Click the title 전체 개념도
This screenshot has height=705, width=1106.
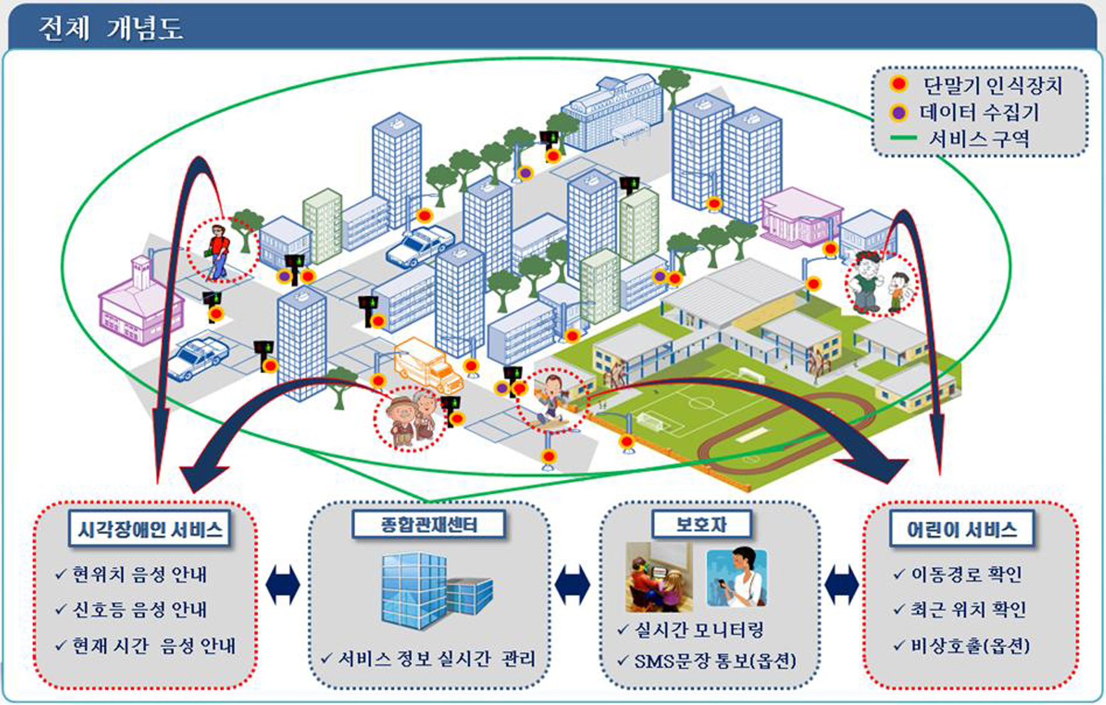coord(110,28)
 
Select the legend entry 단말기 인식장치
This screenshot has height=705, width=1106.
coord(992,85)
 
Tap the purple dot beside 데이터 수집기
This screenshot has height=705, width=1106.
coord(898,113)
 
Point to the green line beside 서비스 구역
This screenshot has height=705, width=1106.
coord(903,139)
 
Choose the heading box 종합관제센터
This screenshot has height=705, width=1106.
coord(429,525)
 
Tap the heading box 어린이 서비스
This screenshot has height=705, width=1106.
coord(961,530)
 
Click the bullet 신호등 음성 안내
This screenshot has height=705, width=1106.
coord(131,609)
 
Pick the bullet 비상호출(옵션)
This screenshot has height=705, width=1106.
coord(962,645)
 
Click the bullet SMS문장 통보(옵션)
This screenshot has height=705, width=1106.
coord(707,661)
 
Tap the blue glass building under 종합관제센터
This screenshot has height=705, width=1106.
coord(437,590)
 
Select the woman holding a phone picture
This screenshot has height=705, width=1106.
coord(737,577)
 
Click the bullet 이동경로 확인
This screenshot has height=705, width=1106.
coord(958,573)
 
